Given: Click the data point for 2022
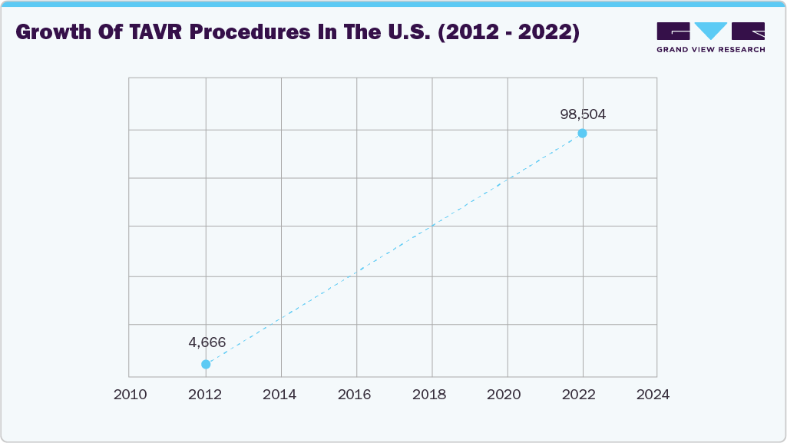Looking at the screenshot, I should [582, 134].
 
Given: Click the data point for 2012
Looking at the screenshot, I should [206, 364].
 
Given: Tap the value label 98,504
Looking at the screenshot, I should [583, 114].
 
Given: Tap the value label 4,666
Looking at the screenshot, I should [207, 342].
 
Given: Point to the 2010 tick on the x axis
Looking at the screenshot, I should [129, 395].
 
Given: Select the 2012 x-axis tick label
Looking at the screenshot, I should [204, 395].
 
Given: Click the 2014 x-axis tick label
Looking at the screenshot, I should [279, 395].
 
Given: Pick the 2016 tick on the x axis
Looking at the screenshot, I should [355, 395].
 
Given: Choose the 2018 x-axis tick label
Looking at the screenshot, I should [430, 395].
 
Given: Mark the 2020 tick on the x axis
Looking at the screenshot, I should [505, 395].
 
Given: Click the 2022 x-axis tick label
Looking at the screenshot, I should [580, 395].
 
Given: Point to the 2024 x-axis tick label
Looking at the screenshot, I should [654, 395].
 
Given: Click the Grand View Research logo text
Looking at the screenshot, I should [710, 50].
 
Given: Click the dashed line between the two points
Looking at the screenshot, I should [394, 249].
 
